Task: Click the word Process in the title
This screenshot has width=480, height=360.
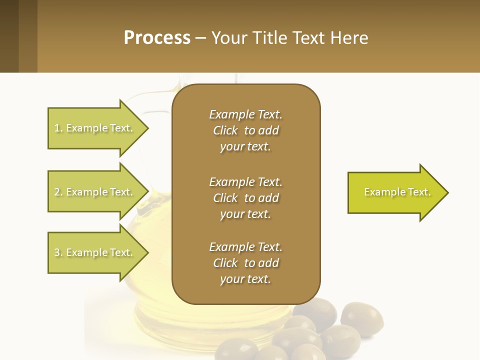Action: tap(157, 38)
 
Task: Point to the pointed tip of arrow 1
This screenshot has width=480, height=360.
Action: tap(147, 128)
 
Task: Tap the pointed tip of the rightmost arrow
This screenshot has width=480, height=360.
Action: tap(447, 192)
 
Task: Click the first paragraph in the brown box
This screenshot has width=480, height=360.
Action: tap(245, 130)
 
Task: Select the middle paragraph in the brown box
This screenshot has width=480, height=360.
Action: tap(245, 198)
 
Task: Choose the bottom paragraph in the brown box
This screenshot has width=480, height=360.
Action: tap(245, 263)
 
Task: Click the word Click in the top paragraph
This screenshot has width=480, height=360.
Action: tap(225, 130)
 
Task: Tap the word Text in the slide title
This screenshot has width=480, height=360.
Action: tap(310, 38)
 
